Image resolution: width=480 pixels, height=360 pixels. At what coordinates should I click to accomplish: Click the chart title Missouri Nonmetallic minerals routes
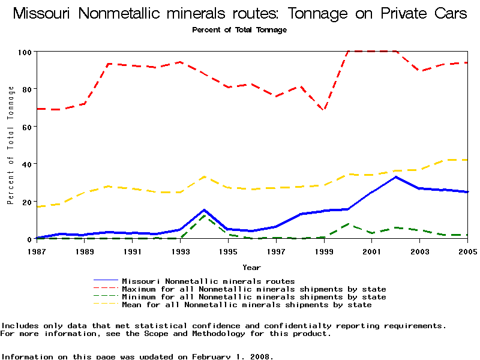240,14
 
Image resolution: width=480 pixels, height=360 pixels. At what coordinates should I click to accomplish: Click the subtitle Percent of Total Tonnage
239,30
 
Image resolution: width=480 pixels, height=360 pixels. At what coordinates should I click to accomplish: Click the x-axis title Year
251,267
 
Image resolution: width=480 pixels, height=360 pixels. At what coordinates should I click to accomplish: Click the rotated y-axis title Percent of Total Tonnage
10,145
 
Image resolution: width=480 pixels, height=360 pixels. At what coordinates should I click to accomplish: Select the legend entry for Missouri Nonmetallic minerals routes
208,281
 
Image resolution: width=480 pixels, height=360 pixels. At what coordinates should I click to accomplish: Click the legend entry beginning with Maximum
254,289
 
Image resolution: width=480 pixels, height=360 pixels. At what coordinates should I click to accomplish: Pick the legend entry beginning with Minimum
254,297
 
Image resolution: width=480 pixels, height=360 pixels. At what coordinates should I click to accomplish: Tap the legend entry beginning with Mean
247,305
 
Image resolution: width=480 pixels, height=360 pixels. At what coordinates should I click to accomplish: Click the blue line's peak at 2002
396,177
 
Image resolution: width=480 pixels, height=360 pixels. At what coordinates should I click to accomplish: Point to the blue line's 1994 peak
205,210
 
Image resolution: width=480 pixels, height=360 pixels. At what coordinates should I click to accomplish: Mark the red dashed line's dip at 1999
324,110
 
